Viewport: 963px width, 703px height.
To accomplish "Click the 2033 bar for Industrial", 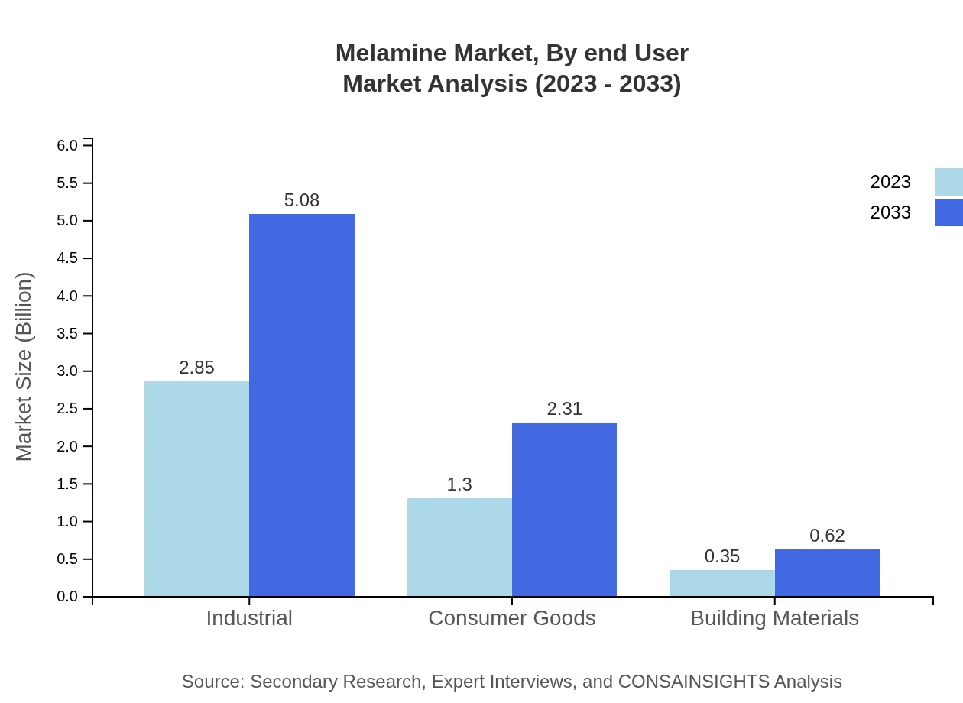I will [x=302, y=405].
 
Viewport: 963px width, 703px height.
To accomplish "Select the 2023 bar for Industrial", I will [x=196, y=488].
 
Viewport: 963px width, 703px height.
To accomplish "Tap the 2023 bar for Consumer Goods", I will [x=459, y=547].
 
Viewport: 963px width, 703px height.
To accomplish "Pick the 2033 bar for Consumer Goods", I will [x=564, y=509].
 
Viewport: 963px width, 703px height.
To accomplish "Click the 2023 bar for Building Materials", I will [x=721, y=583].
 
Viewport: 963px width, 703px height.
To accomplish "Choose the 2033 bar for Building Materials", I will [x=827, y=572].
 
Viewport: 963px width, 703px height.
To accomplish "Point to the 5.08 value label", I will [x=302, y=200].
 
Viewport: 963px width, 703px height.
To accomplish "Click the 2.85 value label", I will [x=196, y=368].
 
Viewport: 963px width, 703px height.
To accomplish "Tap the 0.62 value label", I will [x=827, y=536].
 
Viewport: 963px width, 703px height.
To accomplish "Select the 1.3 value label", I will [x=459, y=484].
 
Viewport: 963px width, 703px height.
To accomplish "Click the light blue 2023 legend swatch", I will [x=948, y=182].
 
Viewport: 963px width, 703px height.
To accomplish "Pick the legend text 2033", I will [x=890, y=212].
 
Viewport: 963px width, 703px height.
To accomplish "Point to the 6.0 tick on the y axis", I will [x=68, y=145].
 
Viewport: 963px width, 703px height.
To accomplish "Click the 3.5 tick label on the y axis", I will [x=68, y=333].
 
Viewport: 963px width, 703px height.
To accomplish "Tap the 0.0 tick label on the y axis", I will [x=68, y=597].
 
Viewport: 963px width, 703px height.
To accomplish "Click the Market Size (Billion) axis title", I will [x=24, y=367].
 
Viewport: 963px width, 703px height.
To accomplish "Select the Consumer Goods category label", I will [x=511, y=618].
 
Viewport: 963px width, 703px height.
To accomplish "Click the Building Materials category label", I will [x=774, y=618].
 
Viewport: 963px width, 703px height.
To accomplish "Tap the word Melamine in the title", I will [x=390, y=53].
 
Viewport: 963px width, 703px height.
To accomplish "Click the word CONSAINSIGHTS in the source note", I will [x=692, y=682].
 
